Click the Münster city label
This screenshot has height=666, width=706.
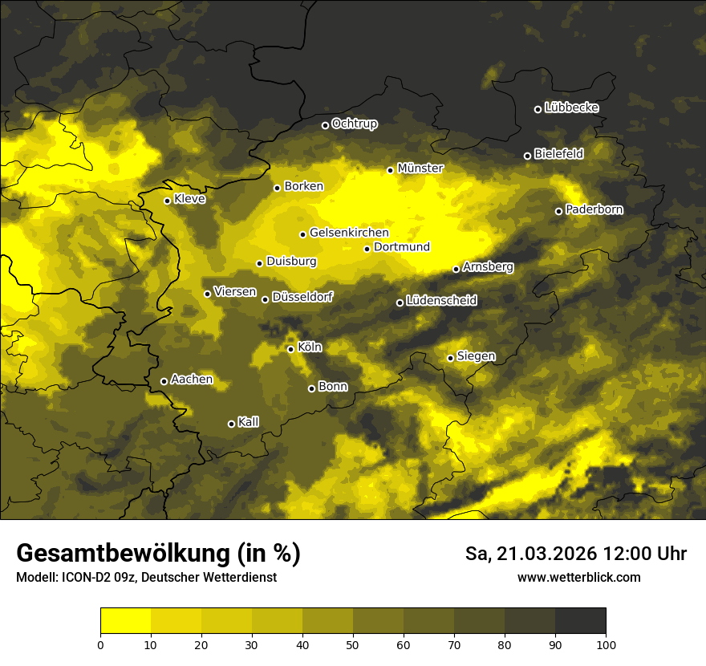point(420,169)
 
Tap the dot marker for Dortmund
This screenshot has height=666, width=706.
point(367,249)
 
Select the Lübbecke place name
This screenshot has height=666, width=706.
point(571,108)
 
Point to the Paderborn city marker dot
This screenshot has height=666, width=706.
point(559,211)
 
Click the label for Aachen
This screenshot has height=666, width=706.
point(192,380)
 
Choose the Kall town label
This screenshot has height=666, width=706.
point(249,422)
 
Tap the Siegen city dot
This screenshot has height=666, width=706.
point(451,358)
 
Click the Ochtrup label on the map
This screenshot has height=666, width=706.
point(355,124)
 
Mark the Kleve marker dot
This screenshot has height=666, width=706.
point(168,201)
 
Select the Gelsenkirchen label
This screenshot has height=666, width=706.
point(349,233)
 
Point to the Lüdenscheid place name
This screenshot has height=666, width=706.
point(442,301)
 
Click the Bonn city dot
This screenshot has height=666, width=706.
point(312,388)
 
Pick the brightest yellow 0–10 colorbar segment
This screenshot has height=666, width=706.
point(126,621)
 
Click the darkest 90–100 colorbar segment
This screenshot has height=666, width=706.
point(580,621)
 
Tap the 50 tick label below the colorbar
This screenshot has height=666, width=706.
point(353,644)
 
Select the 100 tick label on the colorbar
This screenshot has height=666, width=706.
point(606,644)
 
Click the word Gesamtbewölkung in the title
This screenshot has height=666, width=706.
point(121,554)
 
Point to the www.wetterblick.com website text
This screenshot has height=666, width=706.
point(579,577)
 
